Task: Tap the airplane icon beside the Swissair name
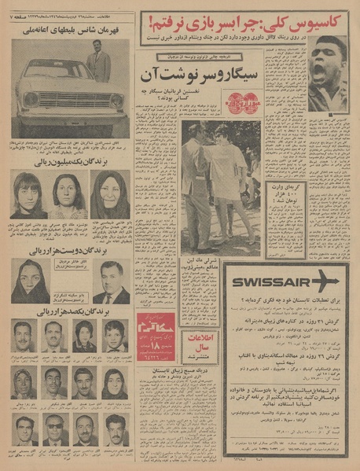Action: click(x=325, y=281)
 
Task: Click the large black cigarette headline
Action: click(x=200, y=77)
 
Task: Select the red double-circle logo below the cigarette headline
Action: click(x=237, y=104)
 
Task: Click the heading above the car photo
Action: click(x=70, y=29)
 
